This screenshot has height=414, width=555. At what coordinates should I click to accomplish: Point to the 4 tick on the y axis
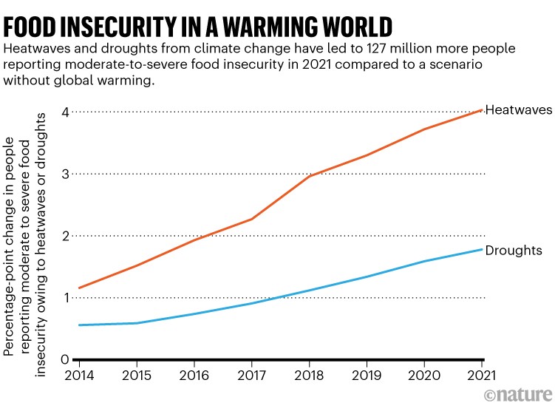click(65, 112)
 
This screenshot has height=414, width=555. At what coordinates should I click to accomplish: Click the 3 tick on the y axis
click(65, 174)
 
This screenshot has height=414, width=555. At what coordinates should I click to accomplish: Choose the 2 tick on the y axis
click(65, 236)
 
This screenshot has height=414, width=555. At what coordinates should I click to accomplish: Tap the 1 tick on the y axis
click(65, 298)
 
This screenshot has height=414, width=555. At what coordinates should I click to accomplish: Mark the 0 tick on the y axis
click(65, 360)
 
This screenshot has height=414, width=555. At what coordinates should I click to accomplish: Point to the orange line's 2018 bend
click(309, 176)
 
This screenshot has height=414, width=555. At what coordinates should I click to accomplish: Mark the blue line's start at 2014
click(78, 325)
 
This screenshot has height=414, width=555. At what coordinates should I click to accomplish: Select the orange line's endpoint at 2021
click(482, 110)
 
